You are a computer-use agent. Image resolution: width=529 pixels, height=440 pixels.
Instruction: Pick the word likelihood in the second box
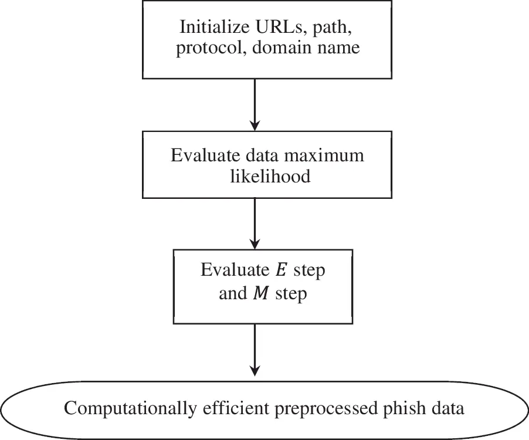(270, 175)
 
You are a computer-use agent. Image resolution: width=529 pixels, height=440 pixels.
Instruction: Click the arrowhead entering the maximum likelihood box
(255, 124)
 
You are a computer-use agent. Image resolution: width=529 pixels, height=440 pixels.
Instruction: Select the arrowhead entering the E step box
(255, 243)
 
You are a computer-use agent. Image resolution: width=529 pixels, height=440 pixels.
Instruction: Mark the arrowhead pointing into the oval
(255, 370)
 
